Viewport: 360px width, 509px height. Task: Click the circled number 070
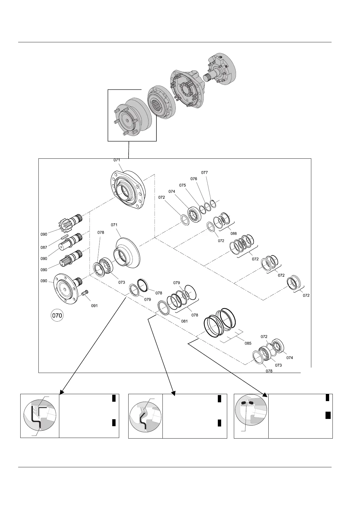click(x=57, y=316)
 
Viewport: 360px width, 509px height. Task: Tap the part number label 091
click(x=95, y=306)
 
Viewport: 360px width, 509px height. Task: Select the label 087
click(x=44, y=247)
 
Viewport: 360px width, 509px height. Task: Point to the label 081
click(x=184, y=321)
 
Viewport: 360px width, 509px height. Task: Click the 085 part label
click(x=248, y=343)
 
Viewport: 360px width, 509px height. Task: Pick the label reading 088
click(x=233, y=234)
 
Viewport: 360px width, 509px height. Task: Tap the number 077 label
click(x=205, y=173)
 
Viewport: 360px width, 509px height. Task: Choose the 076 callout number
click(x=194, y=179)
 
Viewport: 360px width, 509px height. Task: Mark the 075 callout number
click(x=182, y=185)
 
